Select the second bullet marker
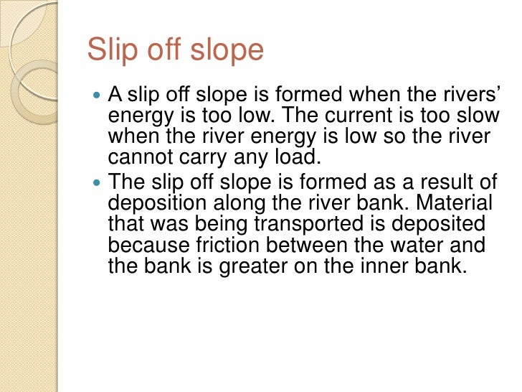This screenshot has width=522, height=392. pos(98,182)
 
